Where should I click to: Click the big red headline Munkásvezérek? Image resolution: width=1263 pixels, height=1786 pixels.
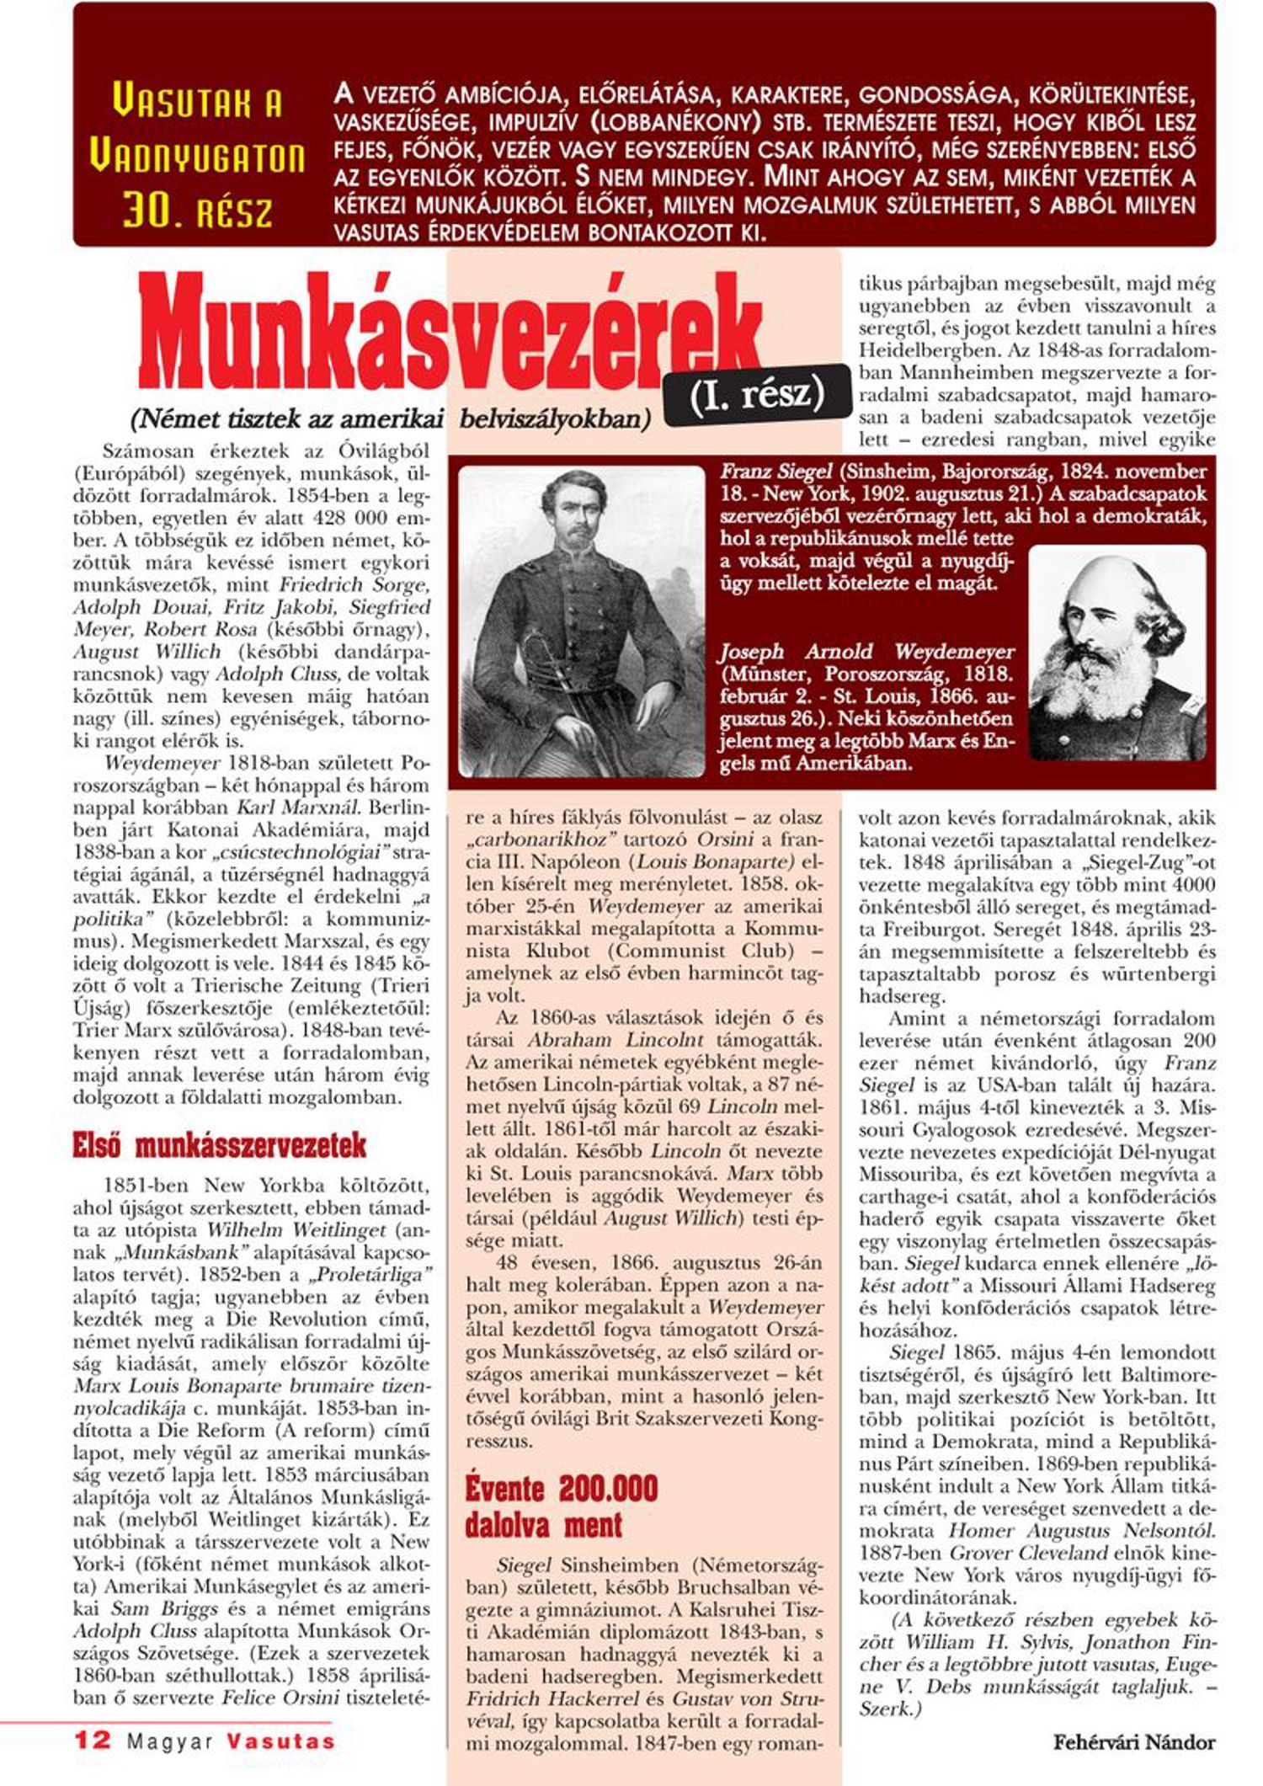click(450, 337)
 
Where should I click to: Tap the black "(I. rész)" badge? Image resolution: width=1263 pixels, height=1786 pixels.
click(756, 394)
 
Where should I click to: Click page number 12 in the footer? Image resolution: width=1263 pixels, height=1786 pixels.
click(93, 1740)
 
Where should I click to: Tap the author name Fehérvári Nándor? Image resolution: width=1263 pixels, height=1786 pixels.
click(1133, 1742)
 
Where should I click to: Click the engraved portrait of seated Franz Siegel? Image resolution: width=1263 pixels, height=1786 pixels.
click(581, 621)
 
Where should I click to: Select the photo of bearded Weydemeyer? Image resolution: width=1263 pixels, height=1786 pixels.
click(1116, 653)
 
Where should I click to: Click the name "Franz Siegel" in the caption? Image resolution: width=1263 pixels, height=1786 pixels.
click(775, 472)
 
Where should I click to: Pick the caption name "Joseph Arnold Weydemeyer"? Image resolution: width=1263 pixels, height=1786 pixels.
click(866, 652)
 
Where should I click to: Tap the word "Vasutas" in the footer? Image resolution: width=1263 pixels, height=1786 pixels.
click(280, 1741)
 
